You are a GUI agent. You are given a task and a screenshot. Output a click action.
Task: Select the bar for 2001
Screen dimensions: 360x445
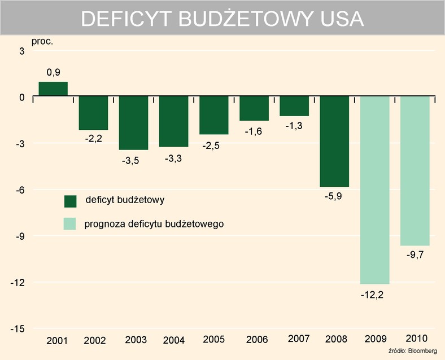tap(53, 89)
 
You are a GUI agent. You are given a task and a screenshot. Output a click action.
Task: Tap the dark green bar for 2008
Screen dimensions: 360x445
tap(334, 141)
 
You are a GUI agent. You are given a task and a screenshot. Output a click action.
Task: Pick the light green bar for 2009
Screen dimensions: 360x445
tap(375, 190)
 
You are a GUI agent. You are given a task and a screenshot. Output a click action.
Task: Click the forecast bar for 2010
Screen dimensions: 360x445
tap(415, 170)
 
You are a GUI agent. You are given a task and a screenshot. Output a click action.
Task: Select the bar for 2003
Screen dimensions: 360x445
tap(133, 122)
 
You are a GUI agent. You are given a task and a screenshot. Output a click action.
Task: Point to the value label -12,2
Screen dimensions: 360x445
tap(375, 295)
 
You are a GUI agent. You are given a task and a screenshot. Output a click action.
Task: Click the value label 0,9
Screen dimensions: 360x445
tap(53, 72)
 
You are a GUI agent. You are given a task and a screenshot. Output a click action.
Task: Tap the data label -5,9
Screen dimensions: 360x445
tap(334, 197)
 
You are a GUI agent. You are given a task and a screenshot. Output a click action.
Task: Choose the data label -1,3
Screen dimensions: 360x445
tap(294, 126)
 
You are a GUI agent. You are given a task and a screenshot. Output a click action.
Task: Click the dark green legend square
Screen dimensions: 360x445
tap(70, 201)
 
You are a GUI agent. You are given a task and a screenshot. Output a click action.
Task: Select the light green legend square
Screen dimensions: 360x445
tap(70, 224)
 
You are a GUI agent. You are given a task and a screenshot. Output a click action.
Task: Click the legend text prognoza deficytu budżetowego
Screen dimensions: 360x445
tap(154, 224)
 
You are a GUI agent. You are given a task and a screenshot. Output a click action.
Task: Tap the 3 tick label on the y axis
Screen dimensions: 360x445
tap(22, 51)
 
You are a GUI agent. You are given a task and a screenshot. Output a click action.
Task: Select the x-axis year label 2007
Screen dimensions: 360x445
tap(298, 339)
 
